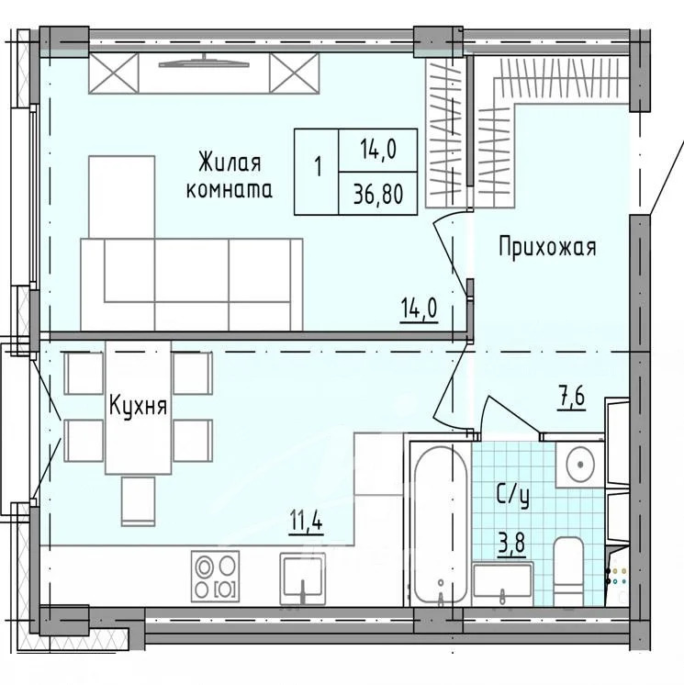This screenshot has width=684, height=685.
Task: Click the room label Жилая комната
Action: (229, 176)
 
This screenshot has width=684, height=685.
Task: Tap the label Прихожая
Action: (548, 246)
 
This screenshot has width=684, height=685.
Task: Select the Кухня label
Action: (138, 405)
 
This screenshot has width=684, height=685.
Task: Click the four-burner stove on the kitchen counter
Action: (215, 576)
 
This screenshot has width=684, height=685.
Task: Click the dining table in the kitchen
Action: (138, 407)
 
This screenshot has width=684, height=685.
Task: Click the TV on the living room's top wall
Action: (204, 63)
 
